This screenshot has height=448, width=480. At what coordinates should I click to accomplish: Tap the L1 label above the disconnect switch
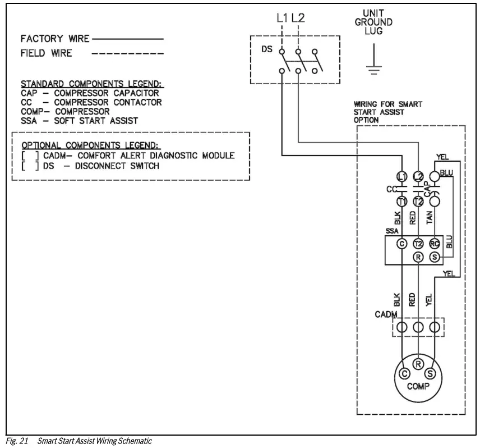283,18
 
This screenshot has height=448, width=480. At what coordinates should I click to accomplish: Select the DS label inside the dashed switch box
266,49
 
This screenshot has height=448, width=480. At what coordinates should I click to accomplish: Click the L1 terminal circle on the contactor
401,177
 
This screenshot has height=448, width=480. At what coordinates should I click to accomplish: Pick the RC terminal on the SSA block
435,243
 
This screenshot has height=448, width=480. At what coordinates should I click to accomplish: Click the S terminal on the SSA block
435,257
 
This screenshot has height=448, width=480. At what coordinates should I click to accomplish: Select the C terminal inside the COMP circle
404,373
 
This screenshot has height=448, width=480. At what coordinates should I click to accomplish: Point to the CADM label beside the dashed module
386,314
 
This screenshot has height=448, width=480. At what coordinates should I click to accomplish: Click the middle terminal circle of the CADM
418,327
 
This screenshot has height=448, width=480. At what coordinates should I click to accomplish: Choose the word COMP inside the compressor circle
418,386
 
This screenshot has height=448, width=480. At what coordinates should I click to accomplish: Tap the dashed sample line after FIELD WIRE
128,54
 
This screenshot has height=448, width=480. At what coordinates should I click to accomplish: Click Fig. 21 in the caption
17,441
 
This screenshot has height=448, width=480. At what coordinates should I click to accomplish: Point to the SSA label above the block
391,231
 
